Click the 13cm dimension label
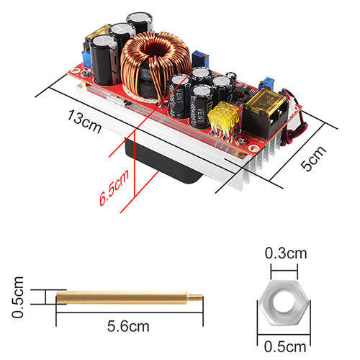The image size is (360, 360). point(84,122)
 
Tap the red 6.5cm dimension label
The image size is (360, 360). point(114,188)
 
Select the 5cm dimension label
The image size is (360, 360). point(313,158)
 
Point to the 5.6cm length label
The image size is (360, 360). point(128,326)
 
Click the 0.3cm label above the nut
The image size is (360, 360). point(286,253)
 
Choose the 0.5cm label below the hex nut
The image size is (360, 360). point(285,347)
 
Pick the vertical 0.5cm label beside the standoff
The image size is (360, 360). point(18,297)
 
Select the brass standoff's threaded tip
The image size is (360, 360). point(194,297)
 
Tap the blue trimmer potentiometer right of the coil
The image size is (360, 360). point(200,59)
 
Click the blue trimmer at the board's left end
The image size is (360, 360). point(87,59)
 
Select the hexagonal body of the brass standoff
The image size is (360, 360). point(122,297)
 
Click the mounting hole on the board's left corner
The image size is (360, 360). point(76,71)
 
